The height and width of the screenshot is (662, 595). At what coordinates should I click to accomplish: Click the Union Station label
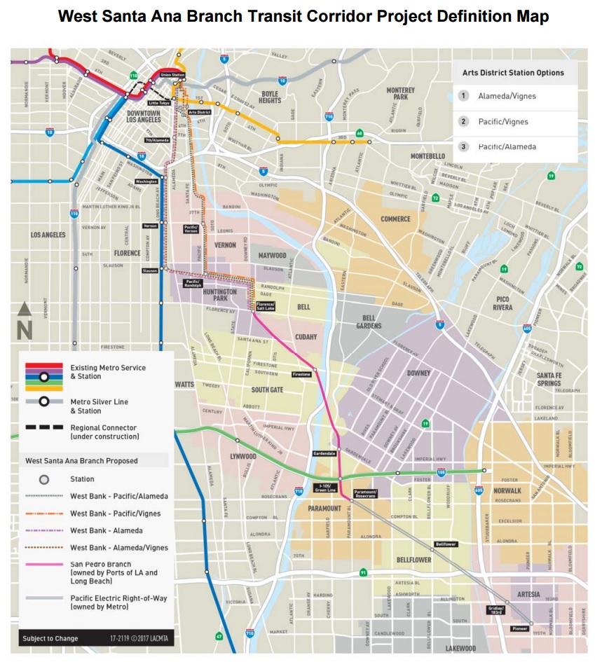[x=172, y=75]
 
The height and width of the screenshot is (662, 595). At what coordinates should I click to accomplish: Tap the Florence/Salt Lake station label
[x=265, y=305]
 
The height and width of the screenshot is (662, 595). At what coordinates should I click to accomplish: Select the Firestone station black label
[x=301, y=375]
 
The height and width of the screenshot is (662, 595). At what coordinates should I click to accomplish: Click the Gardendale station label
[x=324, y=453]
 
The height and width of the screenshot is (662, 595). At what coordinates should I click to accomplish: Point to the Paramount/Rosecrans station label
[x=365, y=495]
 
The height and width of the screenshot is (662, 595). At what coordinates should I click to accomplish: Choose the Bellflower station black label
[x=446, y=544]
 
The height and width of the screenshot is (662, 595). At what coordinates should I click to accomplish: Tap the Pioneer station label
[x=520, y=628]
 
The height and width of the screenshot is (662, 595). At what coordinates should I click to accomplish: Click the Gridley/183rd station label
[x=495, y=609]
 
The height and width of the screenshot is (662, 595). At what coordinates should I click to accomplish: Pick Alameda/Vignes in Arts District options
[x=507, y=96]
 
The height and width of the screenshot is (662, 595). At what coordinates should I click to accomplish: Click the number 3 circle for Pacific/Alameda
[x=463, y=147]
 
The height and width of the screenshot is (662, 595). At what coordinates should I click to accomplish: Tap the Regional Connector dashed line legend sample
[x=45, y=427]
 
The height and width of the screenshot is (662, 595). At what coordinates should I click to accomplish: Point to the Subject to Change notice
[x=50, y=638]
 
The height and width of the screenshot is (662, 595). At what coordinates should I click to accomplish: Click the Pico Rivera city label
[x=512, y=303]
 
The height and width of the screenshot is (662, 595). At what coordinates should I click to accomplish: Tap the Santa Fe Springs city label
[x=549, y=379]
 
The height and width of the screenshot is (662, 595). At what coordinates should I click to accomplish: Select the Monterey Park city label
[x=400, y=94]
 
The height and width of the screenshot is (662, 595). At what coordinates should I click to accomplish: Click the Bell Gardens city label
[x=368, y=322]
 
